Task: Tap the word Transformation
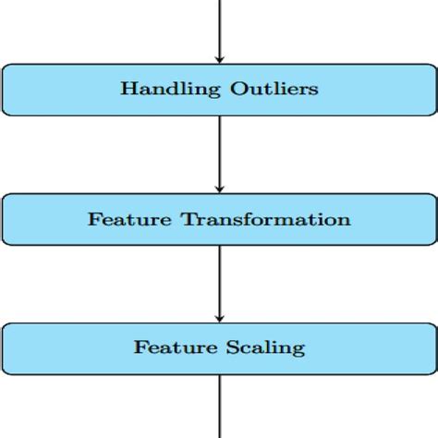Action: [266, 220]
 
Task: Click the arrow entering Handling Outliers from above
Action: [219, 28]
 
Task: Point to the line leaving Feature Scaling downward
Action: [219, 407]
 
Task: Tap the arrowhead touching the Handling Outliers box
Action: [219, 58]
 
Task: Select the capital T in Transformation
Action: [188, 220]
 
